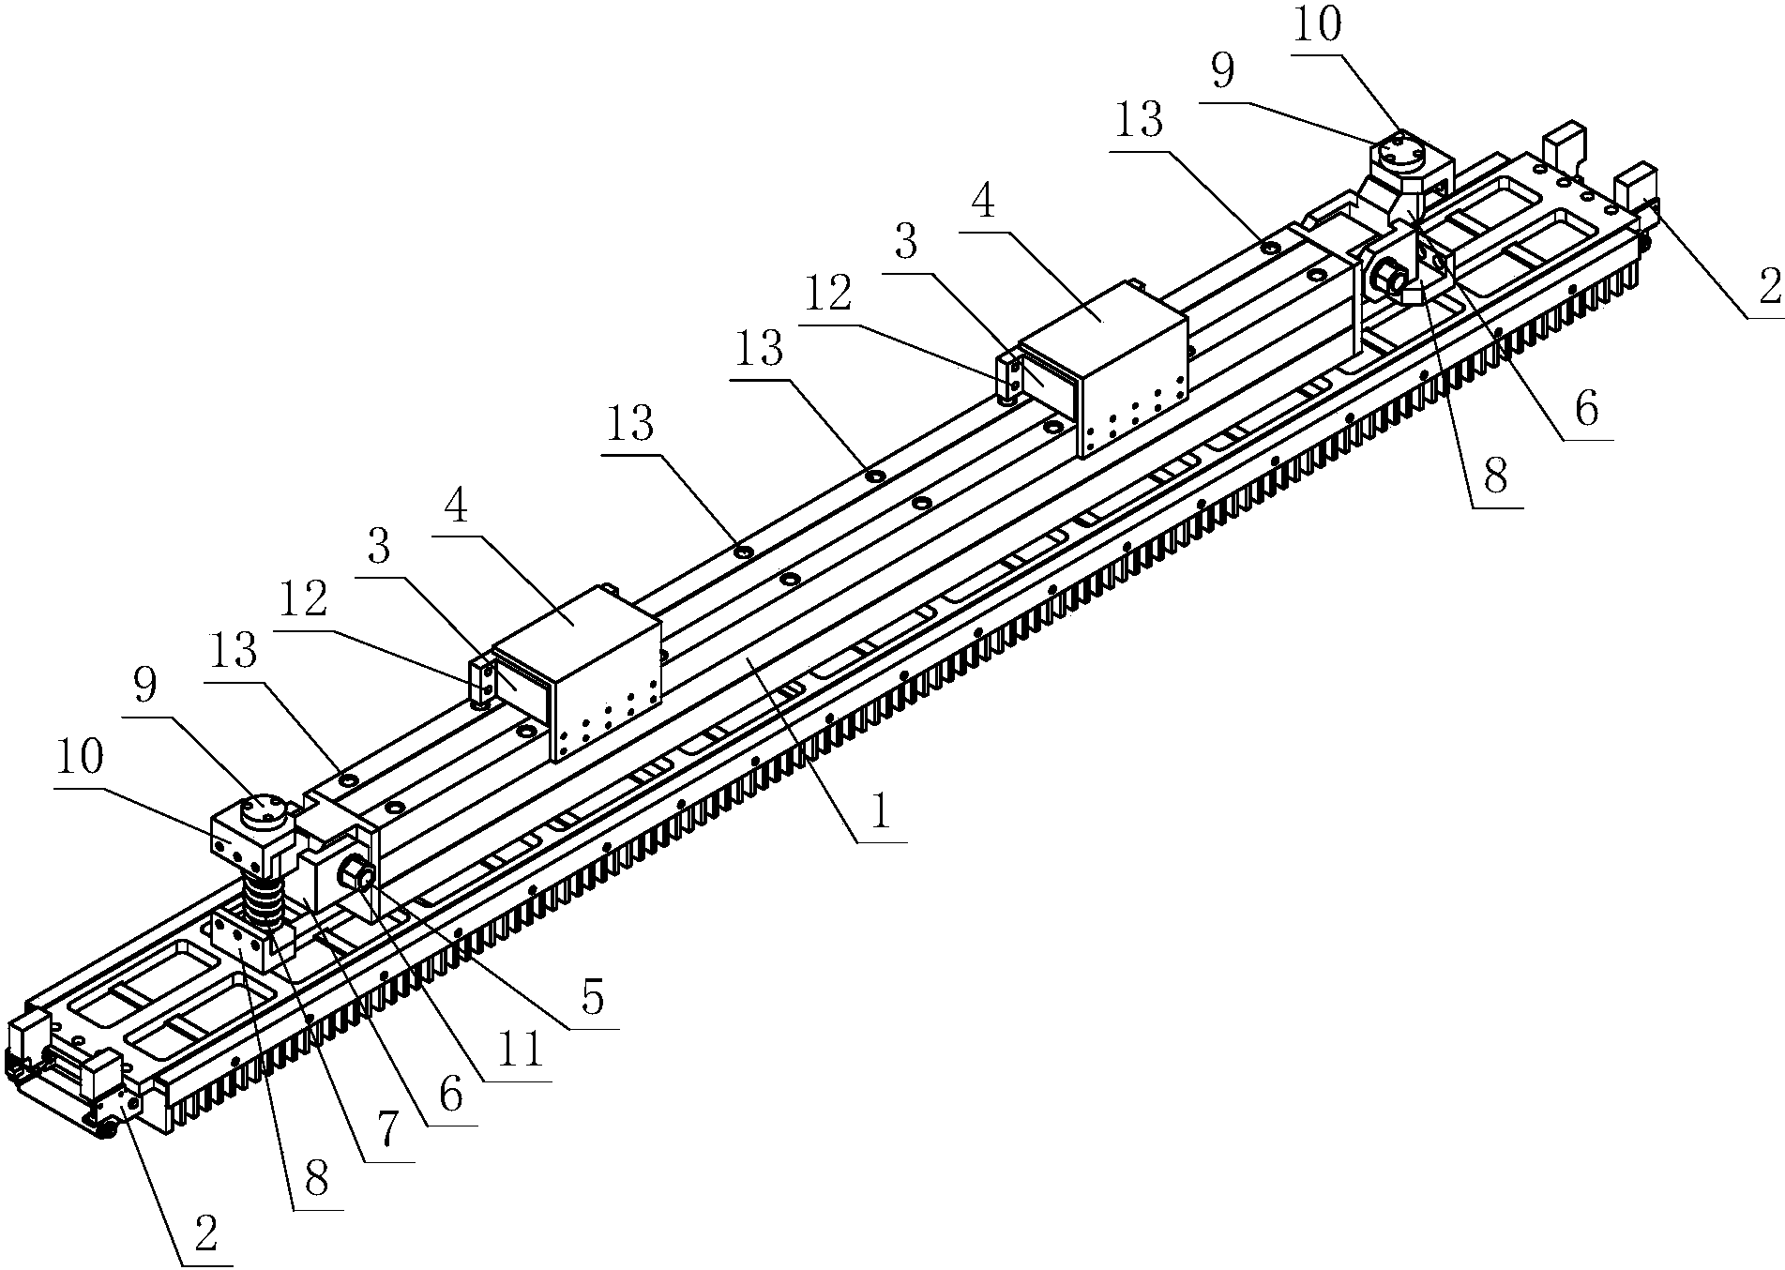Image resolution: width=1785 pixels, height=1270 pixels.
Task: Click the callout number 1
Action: pyautogui.click(x=879, y=812)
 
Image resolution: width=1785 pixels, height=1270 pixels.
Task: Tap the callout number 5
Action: pyautogui.click(x=593, y=1000)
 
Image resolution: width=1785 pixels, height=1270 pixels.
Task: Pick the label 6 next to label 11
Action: pyautogui.click(x=451, y=1094)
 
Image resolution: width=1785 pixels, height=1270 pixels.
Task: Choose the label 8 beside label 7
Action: pyautogui.click(x=316, y=1179)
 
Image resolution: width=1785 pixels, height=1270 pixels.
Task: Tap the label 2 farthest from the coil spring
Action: pyautogui.click(x=1769, y=288)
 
